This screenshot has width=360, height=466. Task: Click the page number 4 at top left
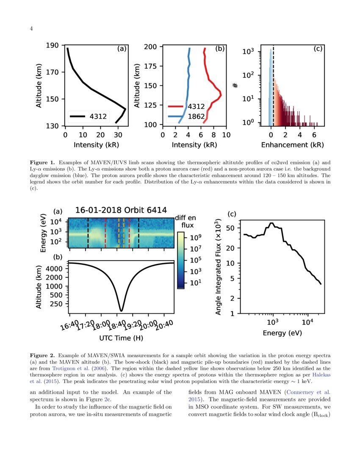(31, 28)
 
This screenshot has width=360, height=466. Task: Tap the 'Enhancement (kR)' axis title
(292, 145)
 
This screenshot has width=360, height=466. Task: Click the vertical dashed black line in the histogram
(273, 85)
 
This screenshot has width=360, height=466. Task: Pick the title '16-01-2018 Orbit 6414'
(121, 210)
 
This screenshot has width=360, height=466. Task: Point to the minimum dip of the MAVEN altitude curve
(122, 310)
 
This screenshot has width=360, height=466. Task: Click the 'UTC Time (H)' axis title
(121, 338)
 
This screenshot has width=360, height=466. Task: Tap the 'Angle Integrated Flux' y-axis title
(219, 267)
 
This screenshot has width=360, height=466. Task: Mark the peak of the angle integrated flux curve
(271, 223)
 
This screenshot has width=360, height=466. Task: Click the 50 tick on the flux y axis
(231, 228)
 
